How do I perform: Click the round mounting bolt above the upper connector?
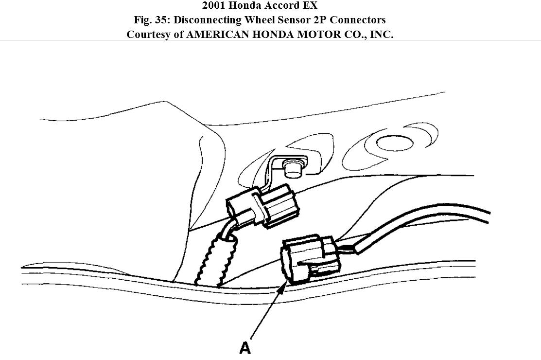click(x=292, y=168)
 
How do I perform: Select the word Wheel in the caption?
click(x=266, y=20)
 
